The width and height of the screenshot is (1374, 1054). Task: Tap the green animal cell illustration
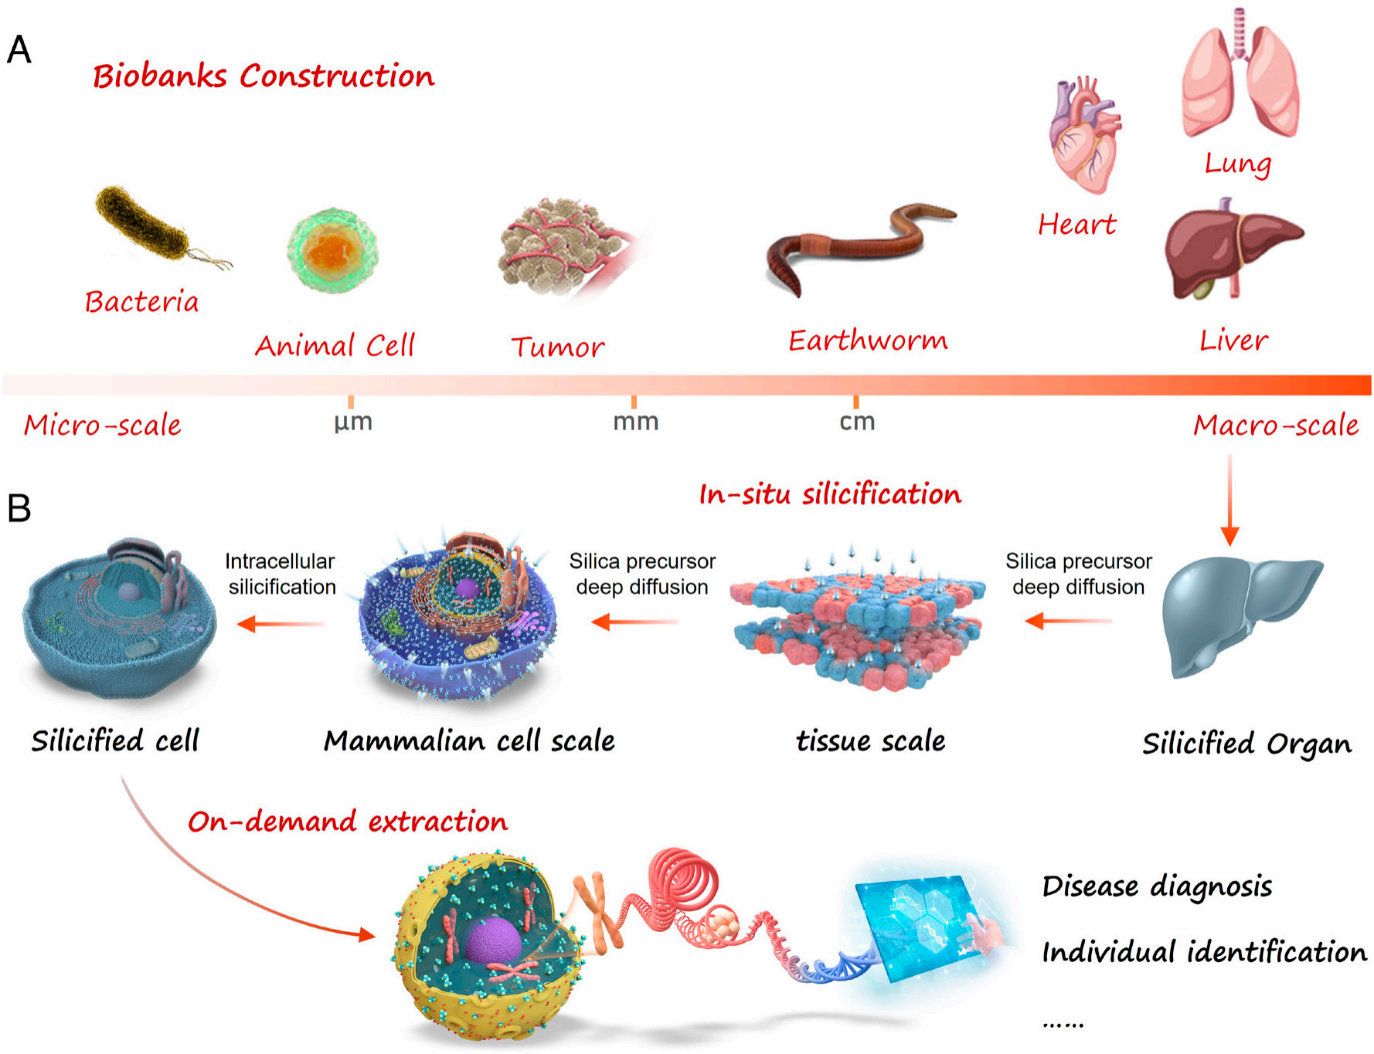[332, 249]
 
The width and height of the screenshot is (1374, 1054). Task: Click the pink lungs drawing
[1240, 77]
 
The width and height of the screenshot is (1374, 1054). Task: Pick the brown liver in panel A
[1229, 247]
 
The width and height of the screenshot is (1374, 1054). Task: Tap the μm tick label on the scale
[353, 422]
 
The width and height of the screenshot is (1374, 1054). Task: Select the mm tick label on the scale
[635, 422]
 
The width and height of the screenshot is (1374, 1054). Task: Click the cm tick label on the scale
[857, 422]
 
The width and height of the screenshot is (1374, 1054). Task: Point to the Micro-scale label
[102, 425]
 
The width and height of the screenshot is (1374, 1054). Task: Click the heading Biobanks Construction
[264, 76]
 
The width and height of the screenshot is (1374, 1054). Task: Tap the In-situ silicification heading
[830, 494]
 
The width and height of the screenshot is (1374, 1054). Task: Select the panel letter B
[19, 508]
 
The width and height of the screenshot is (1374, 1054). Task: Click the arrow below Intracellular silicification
[280, 623]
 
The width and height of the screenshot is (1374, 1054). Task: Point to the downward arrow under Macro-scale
[1229, 502]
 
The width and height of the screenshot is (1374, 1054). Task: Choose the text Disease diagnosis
[1157, 886]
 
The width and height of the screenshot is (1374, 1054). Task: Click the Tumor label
[557, 347]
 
